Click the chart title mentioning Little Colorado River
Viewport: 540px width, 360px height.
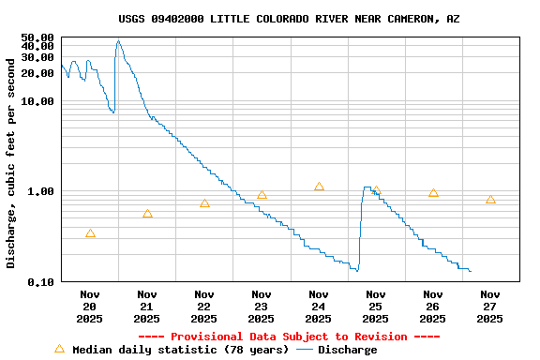289,19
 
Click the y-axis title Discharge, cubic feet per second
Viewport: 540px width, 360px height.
11,162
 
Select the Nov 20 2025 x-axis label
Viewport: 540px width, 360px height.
90,307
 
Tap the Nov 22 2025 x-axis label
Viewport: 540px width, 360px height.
204,307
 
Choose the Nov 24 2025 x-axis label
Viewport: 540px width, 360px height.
319,307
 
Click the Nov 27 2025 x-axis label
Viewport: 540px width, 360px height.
490,307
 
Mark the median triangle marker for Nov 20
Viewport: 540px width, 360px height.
90,233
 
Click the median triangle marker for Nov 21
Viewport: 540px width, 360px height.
147,214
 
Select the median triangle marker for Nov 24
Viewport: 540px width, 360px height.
319,187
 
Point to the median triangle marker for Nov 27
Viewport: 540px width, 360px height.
490,200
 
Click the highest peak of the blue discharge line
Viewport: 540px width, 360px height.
118,40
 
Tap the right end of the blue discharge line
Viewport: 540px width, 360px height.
471,271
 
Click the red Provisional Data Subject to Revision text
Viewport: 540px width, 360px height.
289,337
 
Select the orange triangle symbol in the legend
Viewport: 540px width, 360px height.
60,349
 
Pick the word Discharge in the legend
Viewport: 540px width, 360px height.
347,350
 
